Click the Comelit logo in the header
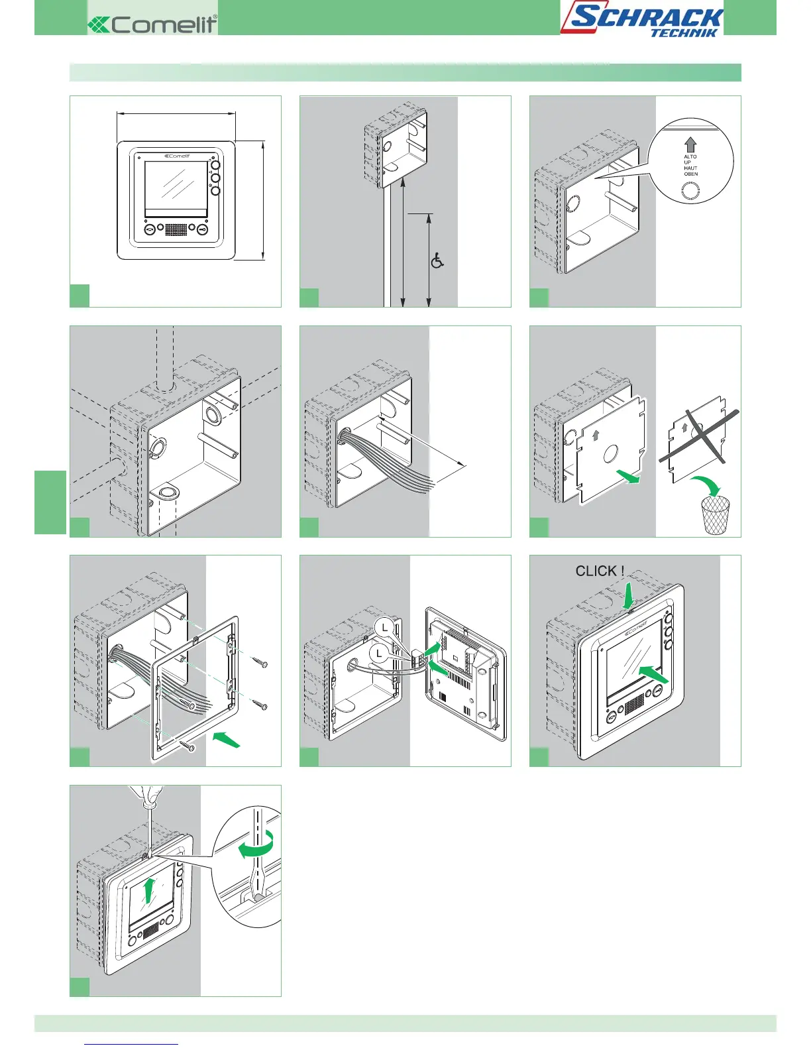(x=152, y=25)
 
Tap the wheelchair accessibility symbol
(x=437, y=261)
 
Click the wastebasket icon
(x=715, y=515)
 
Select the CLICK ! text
(x=600, y=571)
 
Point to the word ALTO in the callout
(x=690, y=157)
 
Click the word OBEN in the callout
(x=690, y=174)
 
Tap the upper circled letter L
(x=384, y=627)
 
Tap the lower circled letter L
(x=378, y=654)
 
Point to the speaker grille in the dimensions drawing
(x=176, y=229)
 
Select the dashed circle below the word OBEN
(x=690, y=191)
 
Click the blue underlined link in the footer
(x=132, y=1044)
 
